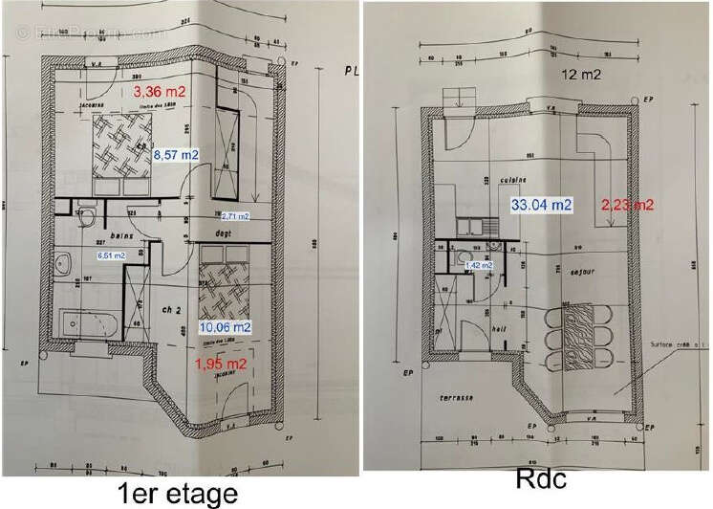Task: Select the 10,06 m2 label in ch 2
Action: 225,327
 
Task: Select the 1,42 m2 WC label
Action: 478,265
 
